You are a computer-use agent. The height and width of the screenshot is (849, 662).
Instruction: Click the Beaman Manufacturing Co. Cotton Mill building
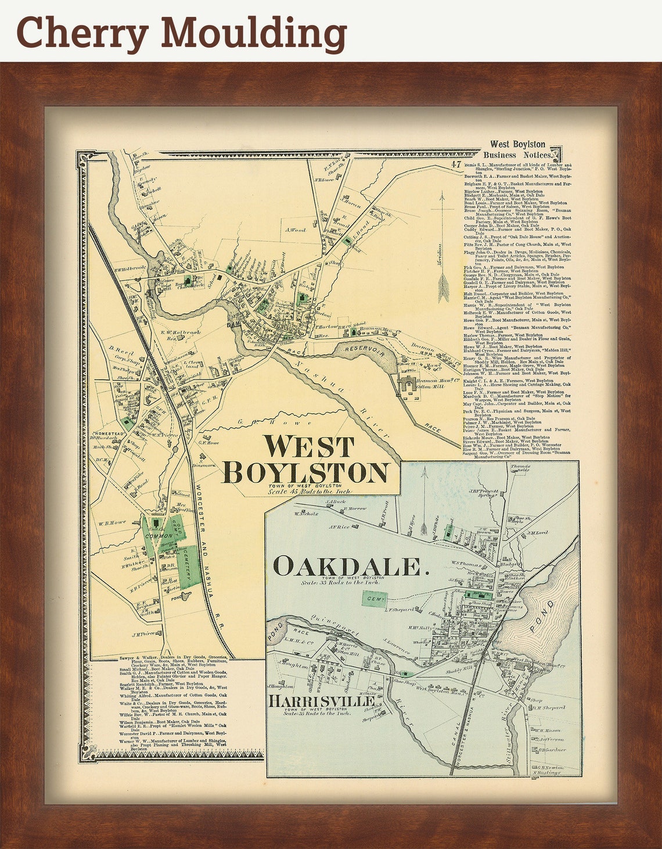click(414, 384)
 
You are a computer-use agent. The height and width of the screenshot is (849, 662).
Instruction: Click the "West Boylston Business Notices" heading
click(517, 149)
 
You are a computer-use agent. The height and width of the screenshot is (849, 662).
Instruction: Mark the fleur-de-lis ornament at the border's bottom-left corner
click(87, 753)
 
